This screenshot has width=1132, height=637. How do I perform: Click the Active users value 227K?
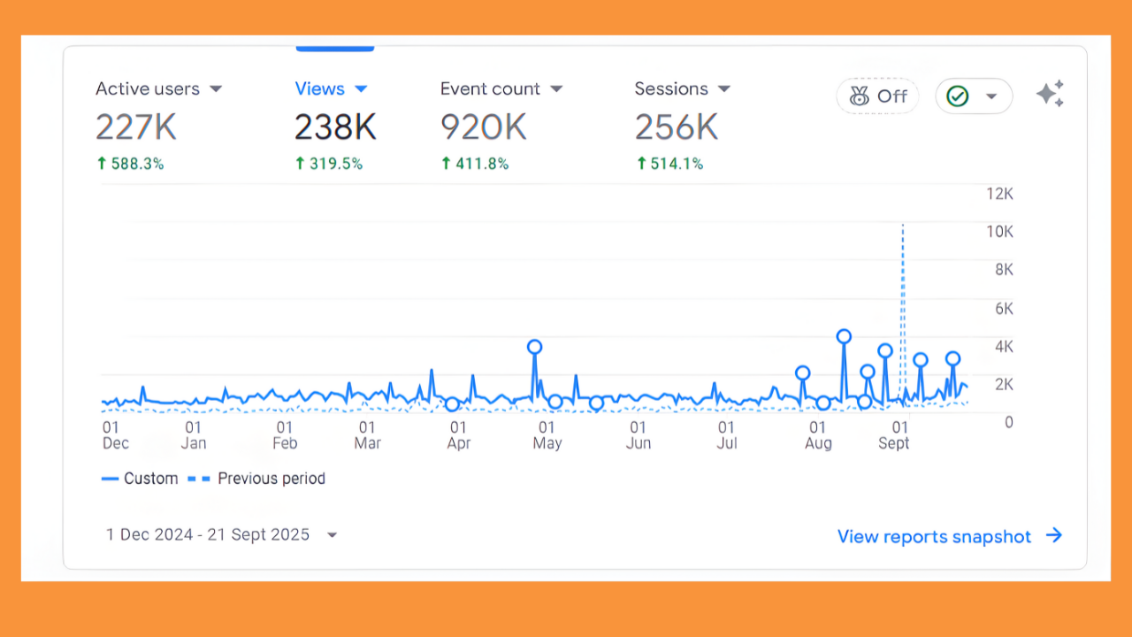(x=136, y=127)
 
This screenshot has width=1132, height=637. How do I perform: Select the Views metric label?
(x=319, y=89)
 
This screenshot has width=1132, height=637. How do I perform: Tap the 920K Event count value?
(x=483, y=127)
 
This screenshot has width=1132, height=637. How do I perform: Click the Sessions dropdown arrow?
(x=724, y=89)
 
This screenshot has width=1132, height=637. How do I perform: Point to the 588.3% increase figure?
(x=130, y=164)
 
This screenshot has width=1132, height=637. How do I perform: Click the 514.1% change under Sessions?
(x=669, y=164)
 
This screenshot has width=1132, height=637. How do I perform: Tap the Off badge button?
(x=877, y=96)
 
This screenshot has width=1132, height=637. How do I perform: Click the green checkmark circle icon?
(x=957, y=96)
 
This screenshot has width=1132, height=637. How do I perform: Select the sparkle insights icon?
(x=1050, y=94)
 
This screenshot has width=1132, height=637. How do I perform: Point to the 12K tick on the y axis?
(x=1000, y=194)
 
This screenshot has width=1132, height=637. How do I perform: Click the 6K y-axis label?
(x=1004, y=308)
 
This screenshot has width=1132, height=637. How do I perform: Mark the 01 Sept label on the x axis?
(x=894, y=435)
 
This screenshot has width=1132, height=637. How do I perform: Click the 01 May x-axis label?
(x=547, y=435)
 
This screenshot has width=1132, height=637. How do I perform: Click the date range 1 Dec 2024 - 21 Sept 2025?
(x=208, y=534)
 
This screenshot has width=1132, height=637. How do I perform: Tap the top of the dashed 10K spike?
(x=902, y=226)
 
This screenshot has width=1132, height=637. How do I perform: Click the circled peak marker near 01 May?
(x=534, y=347)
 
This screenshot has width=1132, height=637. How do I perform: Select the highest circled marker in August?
(x=844, y=336)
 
